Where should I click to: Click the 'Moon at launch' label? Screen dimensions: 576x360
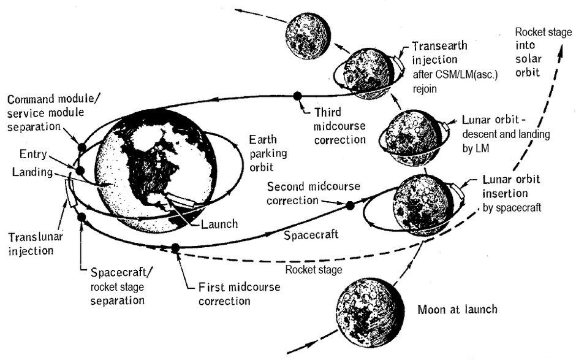click(x=457, y=310)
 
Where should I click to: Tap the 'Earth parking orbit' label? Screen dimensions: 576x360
click(x=268, y=153)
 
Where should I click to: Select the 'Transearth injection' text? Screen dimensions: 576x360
click(x=440, y=53)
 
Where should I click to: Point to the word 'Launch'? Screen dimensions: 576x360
click(x=219, y=224)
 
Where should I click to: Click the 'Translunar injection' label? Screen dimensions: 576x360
click(x=36, y=244)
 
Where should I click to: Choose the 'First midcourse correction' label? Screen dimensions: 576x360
click(x=239, y=294)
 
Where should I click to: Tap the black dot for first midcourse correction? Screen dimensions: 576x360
click(x=176, y=248)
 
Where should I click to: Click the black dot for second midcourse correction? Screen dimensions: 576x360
click(x=350, y=205)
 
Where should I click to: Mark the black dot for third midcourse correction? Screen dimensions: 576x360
click(x=297, y=96)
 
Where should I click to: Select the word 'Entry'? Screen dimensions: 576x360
click(x=33, y=154)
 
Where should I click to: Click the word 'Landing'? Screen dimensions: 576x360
click(x=32, y=172)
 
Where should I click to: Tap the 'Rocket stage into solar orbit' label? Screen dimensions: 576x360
click(x=544, y=52)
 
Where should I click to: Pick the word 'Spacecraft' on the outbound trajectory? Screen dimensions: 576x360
click(x=311, y=235)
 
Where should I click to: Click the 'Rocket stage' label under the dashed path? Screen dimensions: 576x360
click(x=314, y=270)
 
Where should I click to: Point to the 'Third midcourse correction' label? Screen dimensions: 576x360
click(x=340, y=126)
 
